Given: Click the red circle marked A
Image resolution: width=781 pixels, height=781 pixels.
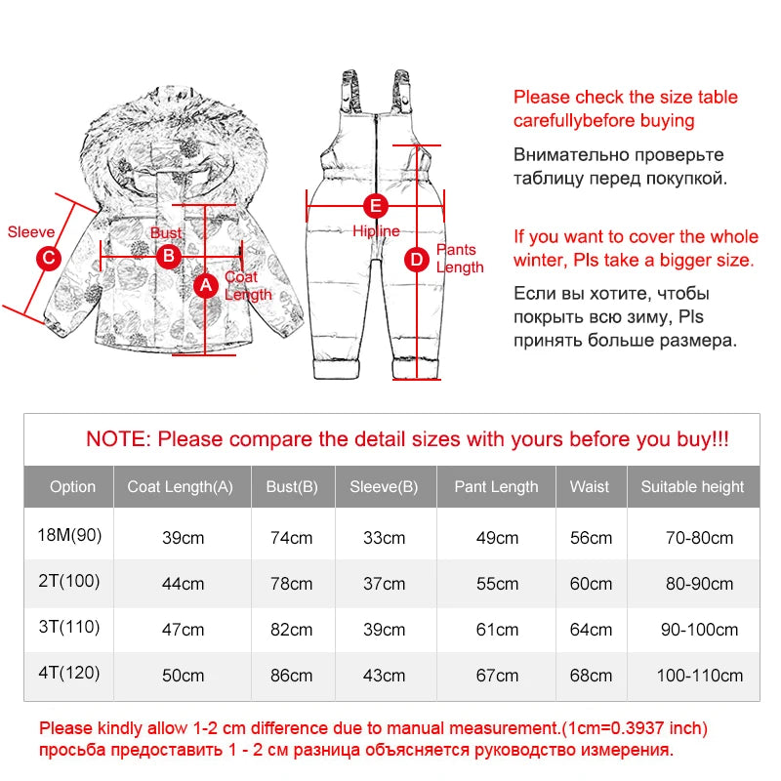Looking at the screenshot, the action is (206, 285).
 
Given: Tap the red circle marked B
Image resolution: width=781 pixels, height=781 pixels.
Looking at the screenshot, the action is (169, 256).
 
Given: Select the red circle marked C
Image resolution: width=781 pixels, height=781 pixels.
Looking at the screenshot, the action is (49, 258).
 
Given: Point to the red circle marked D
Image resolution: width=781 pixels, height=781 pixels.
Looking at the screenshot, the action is (417, 260).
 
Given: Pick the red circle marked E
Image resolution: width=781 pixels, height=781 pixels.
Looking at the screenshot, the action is (376, 206).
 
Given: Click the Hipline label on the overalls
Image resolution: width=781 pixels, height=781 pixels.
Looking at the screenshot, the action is (376, 230).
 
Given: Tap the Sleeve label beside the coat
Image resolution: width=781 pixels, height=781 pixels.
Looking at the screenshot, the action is (31, 231).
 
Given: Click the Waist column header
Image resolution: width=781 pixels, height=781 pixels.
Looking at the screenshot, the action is (590, 486).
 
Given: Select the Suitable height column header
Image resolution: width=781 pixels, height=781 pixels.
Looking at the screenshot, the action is (692, 486).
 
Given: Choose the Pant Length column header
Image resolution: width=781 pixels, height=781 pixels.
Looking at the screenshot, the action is (496, 486).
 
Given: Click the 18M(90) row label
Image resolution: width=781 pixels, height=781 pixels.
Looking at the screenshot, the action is (69, 535).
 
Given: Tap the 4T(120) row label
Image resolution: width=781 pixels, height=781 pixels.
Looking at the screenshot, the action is (69, 673).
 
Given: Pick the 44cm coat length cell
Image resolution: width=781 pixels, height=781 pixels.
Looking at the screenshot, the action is (183, 584).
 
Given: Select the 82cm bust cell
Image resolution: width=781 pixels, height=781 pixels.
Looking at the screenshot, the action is (291, 630).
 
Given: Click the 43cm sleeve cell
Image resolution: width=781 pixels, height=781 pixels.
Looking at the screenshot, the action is (384, 676).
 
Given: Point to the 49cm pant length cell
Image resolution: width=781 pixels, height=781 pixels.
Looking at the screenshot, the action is (497, 538).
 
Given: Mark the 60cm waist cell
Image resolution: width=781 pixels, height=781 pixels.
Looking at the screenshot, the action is (591, 584).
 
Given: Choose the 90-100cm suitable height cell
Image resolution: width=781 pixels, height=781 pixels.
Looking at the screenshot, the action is (699, 630).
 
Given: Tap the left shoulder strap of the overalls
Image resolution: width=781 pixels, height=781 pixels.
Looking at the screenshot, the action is (350, 90).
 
